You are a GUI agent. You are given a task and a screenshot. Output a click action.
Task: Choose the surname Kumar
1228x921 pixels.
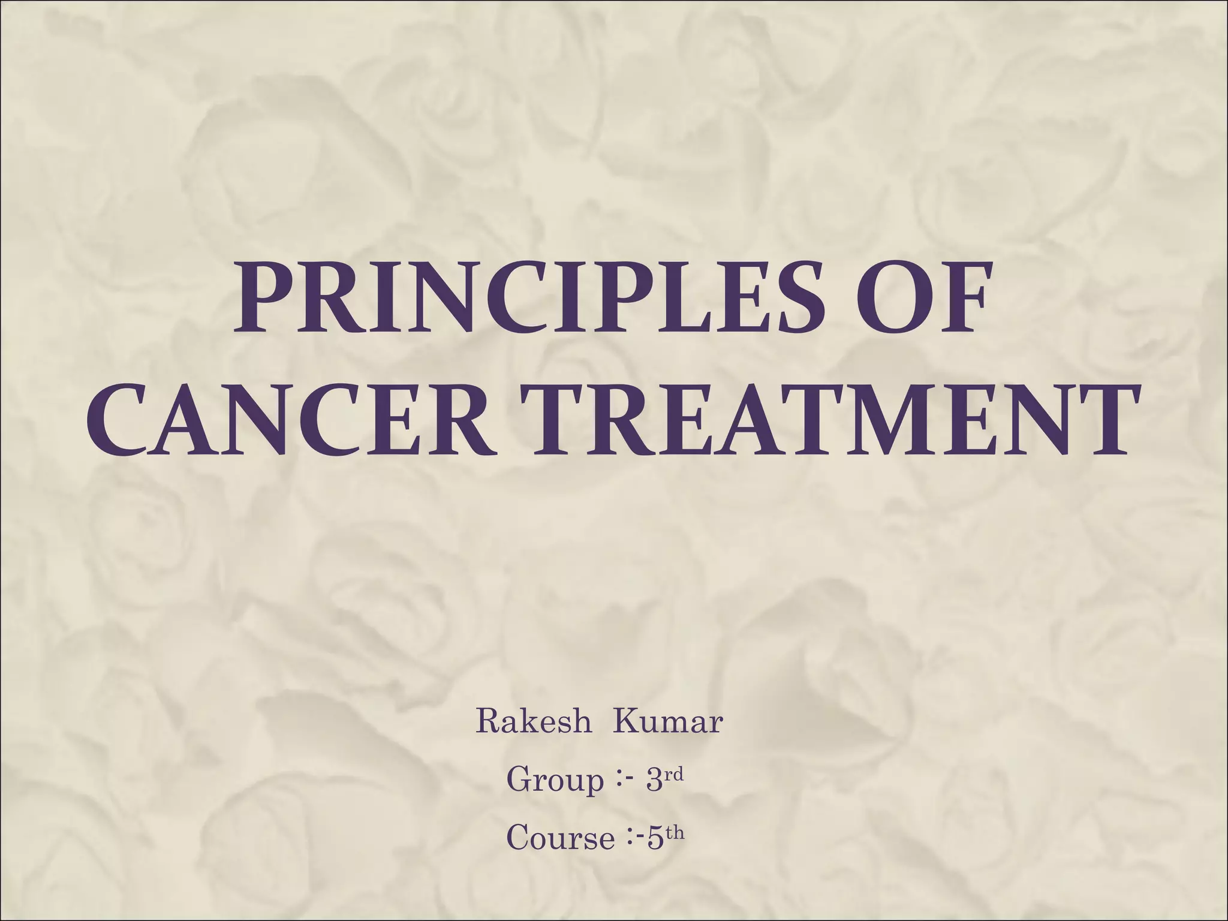click(x=667, y=721)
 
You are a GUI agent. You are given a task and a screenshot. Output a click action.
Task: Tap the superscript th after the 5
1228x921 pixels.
click(x=675, y=832)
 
